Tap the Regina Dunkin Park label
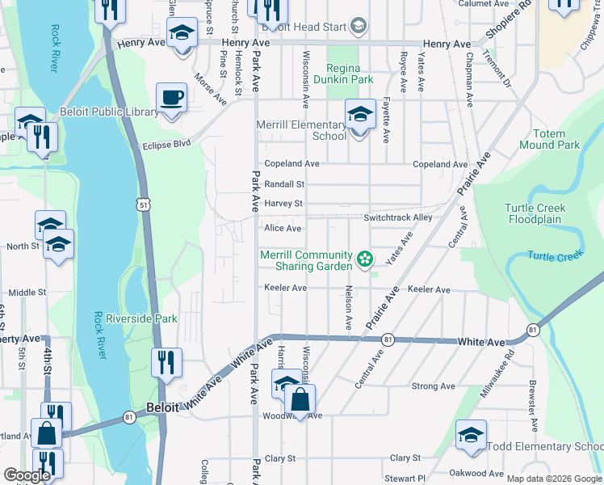coord(350,74)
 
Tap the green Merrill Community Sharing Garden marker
coord(365,260)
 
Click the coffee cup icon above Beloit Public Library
coord(170,99)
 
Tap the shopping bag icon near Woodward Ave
coord(299,399)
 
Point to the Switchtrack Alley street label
coord(397,217)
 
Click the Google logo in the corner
coord(27,475)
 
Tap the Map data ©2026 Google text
coord(553,479)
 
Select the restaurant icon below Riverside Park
coord(166,362)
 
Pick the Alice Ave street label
coord(283,229)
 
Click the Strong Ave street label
coord(427,386)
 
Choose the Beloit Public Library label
coord(109,112)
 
